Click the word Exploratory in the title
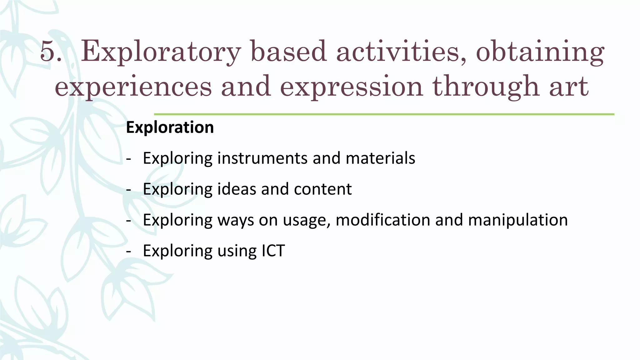tap(161, 52)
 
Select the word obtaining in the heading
tap(540, 52)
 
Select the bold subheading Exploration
tap(170, 127)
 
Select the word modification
tap(383, 220)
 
